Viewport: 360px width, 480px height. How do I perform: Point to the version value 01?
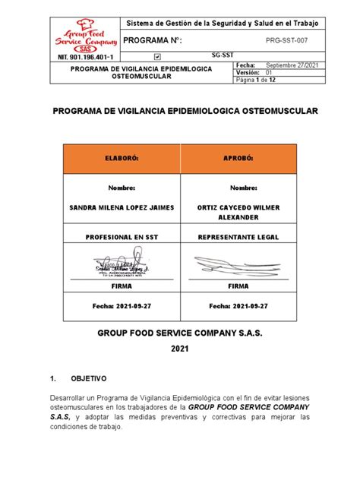[x=289, y=72]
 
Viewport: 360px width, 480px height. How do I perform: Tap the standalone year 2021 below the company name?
[x=180, y=349]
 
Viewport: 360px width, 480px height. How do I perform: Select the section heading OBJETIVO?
[x=90, y=377]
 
